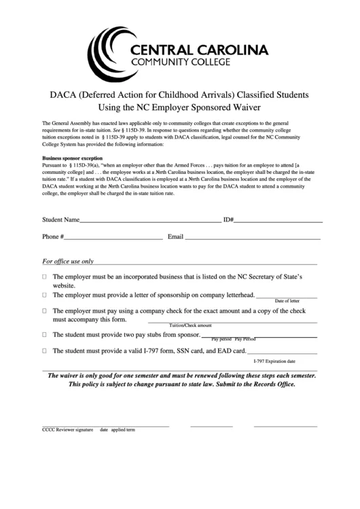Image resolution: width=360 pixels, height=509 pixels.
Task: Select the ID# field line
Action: [278, 222]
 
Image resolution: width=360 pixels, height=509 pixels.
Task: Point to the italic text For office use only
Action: [77, 261]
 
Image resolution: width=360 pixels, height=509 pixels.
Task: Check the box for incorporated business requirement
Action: [45, 278]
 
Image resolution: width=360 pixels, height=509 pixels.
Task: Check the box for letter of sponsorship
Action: [45, 296]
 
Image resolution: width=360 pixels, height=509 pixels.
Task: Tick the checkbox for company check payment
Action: [45, 311]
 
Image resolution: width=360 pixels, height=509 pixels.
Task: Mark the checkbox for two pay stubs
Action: [45, 335]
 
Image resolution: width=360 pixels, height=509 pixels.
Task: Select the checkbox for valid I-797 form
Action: [45, 351]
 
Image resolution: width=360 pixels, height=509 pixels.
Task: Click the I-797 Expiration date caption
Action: [274, 362]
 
